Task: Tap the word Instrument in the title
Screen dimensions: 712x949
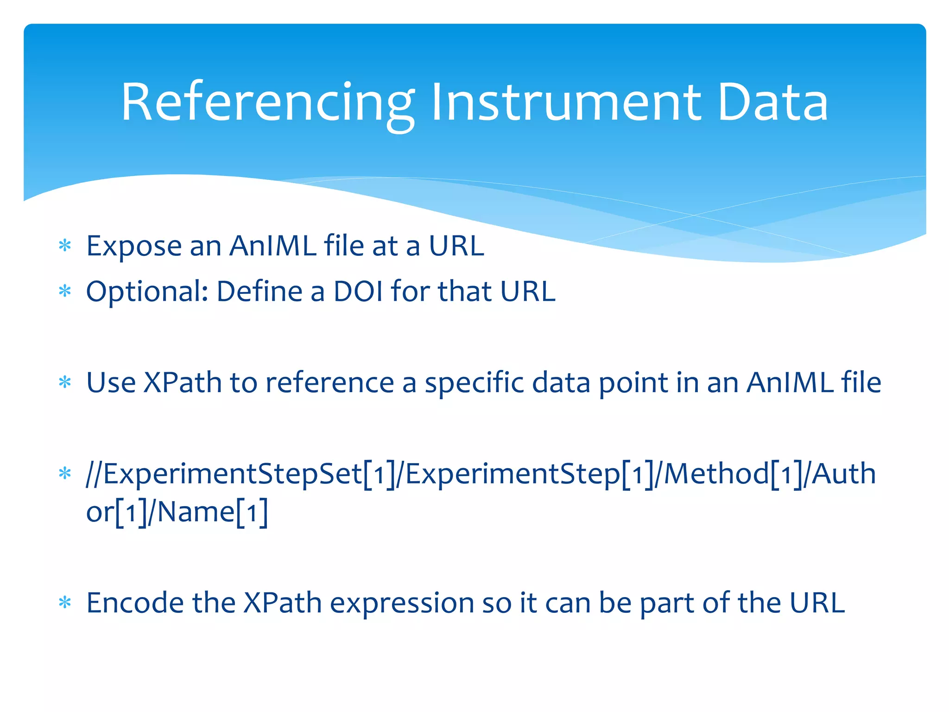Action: (x=565, y=103)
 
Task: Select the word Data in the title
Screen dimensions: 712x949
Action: (x=772, y=103)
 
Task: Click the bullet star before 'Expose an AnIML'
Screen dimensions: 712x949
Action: (x=65, y=246)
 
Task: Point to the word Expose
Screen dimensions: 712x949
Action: (x=134, y=247)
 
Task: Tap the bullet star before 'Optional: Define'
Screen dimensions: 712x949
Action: (x=65, y=292)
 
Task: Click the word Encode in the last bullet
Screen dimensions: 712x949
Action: (x=135, y=603)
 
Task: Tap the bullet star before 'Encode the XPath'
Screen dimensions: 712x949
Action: (x=65, y=603)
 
